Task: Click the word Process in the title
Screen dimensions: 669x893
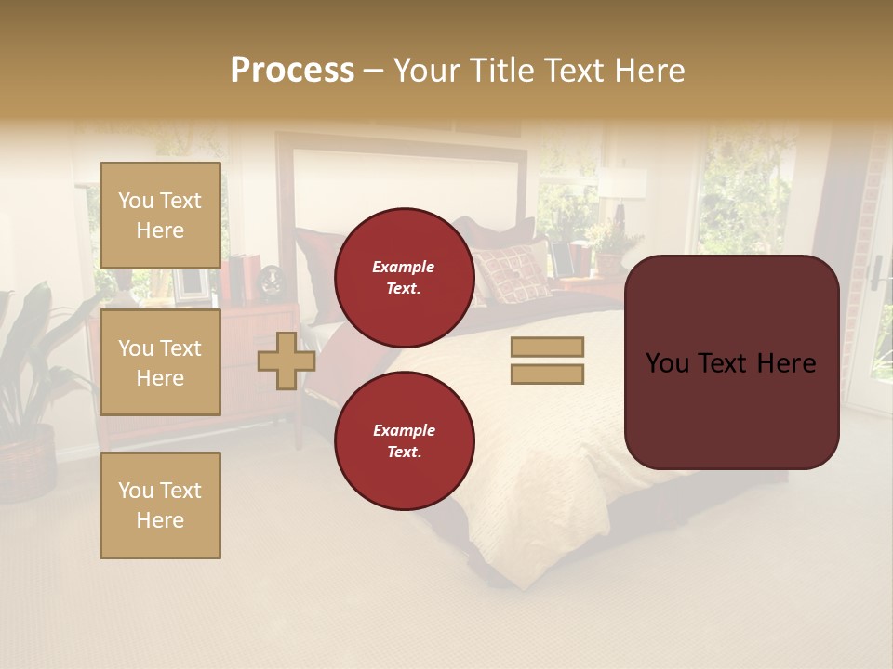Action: pos(292,71)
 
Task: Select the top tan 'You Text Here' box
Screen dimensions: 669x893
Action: pos(160,216)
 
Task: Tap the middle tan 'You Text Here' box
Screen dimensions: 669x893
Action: pos(160,362)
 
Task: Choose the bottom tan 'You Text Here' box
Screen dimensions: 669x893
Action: pos(160,505)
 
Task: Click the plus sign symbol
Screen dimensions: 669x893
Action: pos(286,361)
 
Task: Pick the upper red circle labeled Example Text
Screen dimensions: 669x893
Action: pos(404,277)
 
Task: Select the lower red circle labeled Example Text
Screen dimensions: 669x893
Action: pos(404,440)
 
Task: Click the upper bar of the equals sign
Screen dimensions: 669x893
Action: pos(547,348)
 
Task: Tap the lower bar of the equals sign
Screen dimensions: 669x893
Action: pos(547,374)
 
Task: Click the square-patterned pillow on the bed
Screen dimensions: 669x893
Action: pos(512,272)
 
